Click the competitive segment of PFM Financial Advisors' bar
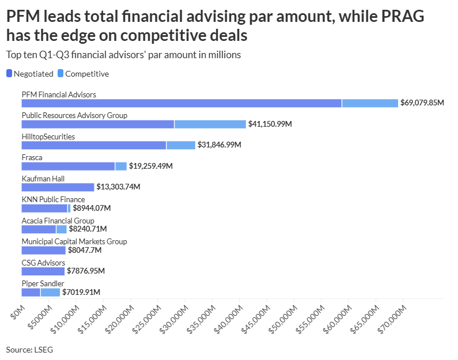370,103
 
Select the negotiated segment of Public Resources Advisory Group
98,124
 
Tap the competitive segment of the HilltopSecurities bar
181,145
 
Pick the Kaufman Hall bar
58,187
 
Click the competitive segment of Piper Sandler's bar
50,292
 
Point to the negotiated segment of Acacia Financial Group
39,229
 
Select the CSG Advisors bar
43,271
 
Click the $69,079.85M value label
422,103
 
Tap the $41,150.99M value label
270,124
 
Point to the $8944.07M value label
92,208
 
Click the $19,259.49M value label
151,166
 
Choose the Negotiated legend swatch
9,74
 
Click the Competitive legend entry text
87,74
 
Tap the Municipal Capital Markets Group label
74,241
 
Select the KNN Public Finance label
53,199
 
